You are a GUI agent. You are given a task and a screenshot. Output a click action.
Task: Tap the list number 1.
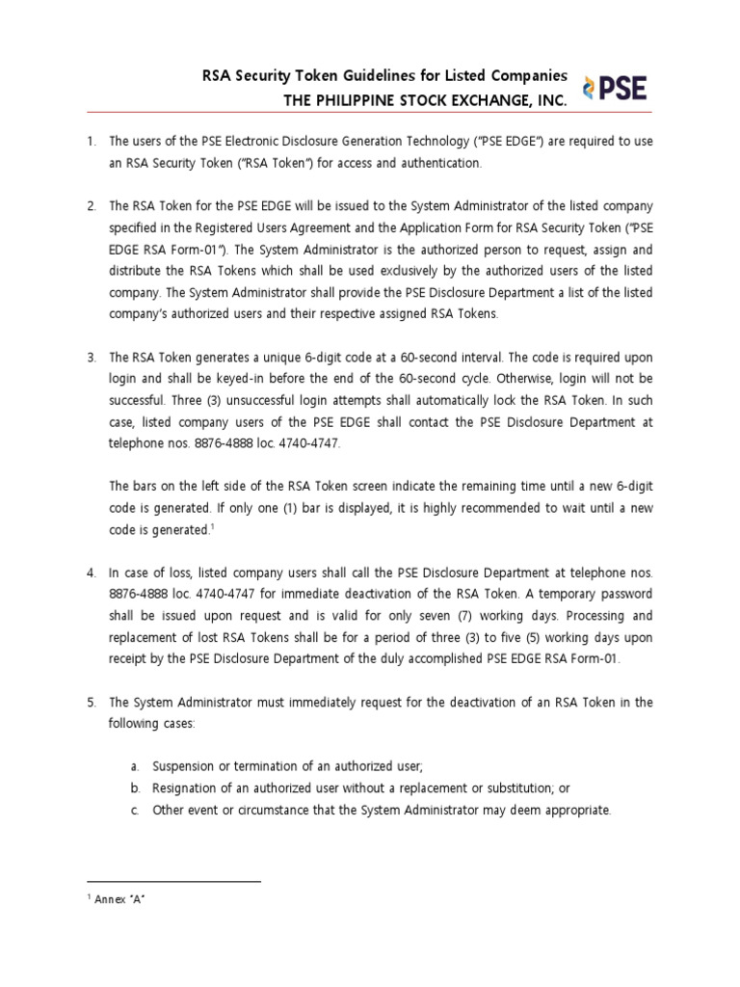tap(91, 142)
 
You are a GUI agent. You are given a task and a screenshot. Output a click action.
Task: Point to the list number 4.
tap(91, 573)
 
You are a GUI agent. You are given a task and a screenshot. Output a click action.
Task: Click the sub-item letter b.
tap(135, 787)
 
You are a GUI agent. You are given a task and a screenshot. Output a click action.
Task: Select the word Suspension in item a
tap(184, 765)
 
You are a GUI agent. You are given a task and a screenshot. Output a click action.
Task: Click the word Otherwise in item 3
tap(512, 379)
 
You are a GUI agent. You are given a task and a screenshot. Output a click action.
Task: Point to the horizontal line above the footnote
tap(173, 881)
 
